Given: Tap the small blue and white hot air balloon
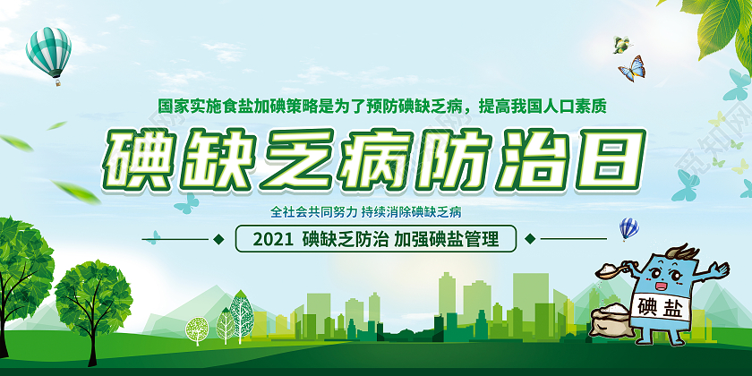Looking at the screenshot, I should click(x=628, y=227).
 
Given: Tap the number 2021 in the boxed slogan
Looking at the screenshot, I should click(x=274, y=240).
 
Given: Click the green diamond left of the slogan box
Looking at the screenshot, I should click(x=218, y=239).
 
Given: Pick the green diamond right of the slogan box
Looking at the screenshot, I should click(x=531, y=239).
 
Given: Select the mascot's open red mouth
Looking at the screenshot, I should click(x=663, y=286).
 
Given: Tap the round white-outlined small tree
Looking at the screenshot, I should click(x=196, y=330).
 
